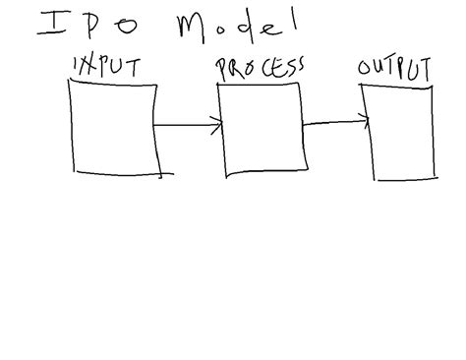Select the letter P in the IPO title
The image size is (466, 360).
(94, 28)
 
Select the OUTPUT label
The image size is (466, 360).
(395, 71)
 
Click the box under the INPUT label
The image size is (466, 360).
(112, 126)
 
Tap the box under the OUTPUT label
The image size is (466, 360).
(401, 132)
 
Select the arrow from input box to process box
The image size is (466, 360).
(187, 125)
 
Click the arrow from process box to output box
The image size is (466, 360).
(334, 123)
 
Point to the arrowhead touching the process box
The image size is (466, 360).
(217, 125)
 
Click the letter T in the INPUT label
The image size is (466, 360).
(133, 67)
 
